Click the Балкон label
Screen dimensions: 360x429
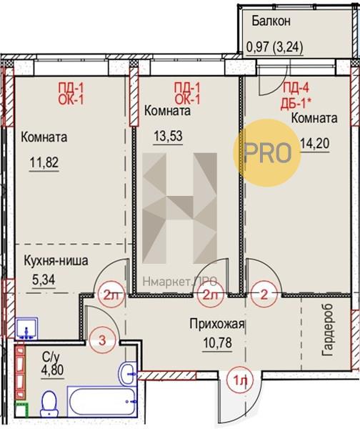(x=271, y=21)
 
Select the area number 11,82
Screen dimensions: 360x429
(x=44, y=162)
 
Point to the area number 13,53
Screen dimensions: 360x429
(x=168, y=136)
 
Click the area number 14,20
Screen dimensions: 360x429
(x=314, y=143)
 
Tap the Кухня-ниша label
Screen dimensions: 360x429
(x=56, y=260)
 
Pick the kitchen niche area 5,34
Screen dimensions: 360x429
(x=44, y=280)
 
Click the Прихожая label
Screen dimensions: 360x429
(x=216, y=324)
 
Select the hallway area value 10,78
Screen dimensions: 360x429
(x=217, y=342)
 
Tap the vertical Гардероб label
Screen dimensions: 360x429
(x=328, y=330)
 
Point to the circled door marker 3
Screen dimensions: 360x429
(x=102, y=341)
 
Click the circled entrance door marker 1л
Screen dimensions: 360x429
(x=240, y=380)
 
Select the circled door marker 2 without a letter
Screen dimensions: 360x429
(x=264, y=295)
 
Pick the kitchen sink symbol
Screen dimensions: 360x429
(x=26, y=329)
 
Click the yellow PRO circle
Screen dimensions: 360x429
(x=267, y=153)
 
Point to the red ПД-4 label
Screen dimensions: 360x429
(x=296, y=89)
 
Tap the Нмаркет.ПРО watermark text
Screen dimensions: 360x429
(x=180, y=281)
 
